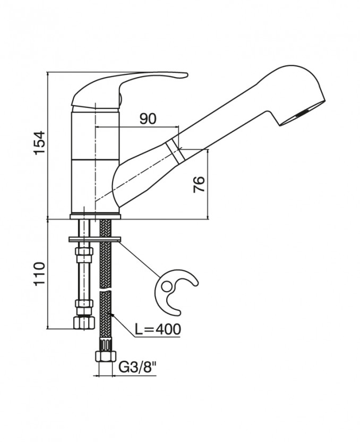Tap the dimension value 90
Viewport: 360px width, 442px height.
pos(148,118)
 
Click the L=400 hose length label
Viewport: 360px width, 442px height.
pos(157,329)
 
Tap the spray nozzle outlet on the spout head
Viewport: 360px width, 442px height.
pos(303,113)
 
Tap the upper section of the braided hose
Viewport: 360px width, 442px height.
pos(106,260)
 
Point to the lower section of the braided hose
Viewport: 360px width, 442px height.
pos(106,319)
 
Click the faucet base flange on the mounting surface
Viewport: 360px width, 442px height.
pos(96,215)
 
